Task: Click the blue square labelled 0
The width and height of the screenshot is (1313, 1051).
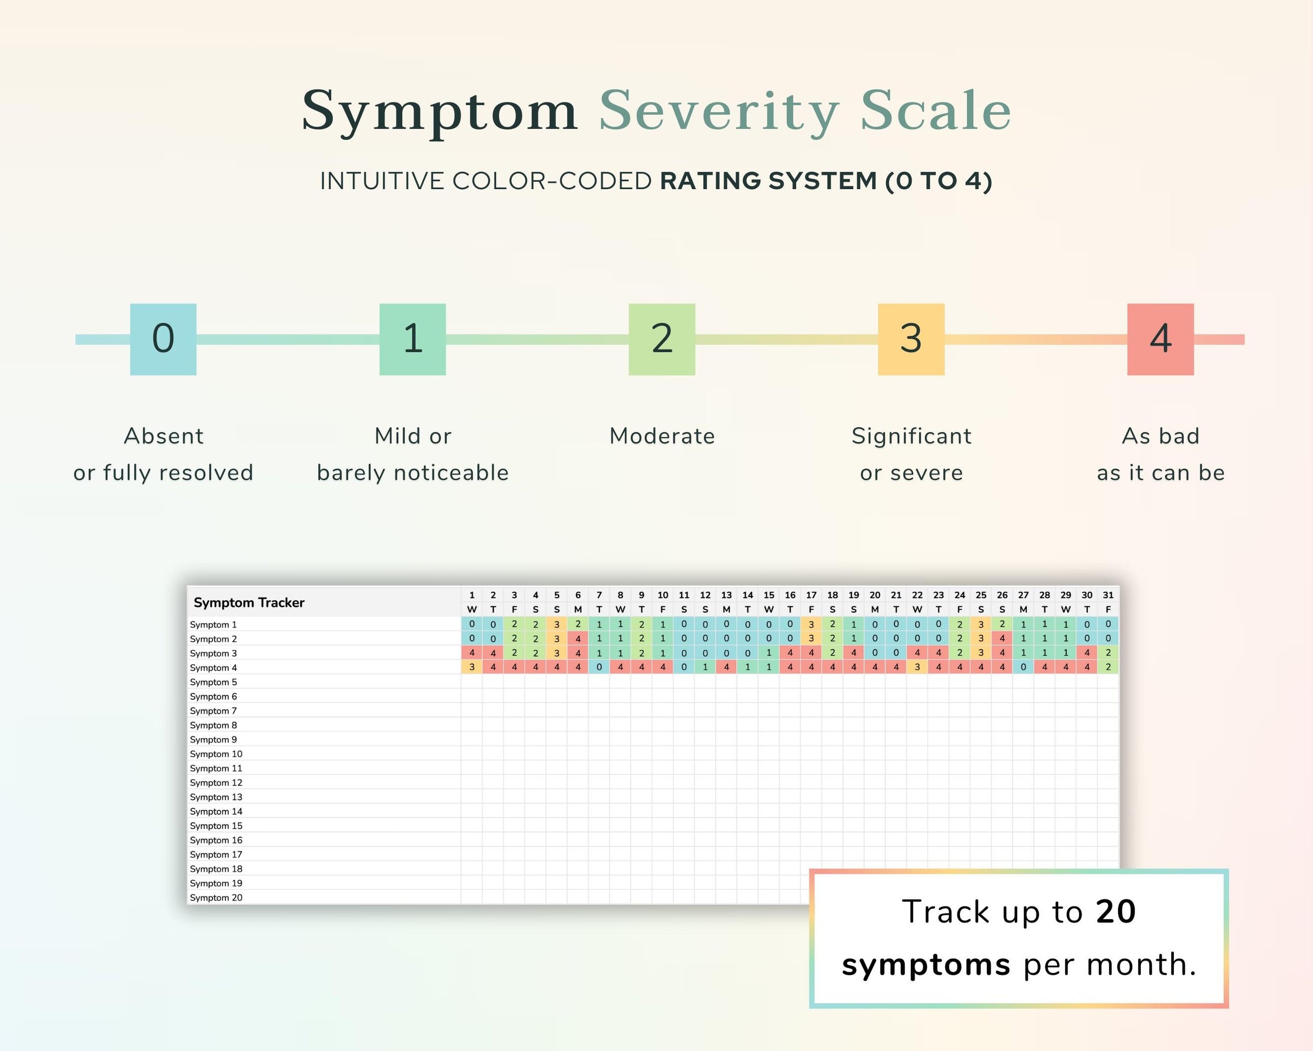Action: tap(163, 339)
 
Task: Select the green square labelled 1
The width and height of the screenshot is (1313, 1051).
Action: tap(412, 339)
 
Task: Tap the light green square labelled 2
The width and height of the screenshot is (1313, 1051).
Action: tap(661, 339)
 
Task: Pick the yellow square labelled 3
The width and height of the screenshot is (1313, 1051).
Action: tap(911, 339)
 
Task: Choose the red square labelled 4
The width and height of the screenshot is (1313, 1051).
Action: tap(1160, 339)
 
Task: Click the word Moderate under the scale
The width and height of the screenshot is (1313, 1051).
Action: tap(662, 436)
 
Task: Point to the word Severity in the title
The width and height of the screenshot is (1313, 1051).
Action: tap(718, 111)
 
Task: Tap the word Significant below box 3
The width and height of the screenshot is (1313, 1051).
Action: tap(911, 436)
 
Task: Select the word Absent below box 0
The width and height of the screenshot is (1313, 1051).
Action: tap(163, 436)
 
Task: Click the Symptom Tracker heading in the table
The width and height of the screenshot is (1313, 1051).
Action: tap(248, 603)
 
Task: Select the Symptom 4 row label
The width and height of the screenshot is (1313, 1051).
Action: tap(213, 668)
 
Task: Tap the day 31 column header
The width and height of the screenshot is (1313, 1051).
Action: tap(1108, 595)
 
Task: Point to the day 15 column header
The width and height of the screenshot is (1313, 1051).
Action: tap(768, 595)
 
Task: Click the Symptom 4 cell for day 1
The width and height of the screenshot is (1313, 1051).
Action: tap(471, 667)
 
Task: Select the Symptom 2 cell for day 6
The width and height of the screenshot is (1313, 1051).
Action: tap(578, 638)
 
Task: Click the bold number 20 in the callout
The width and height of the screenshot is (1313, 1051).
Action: tap(1115, 912)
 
